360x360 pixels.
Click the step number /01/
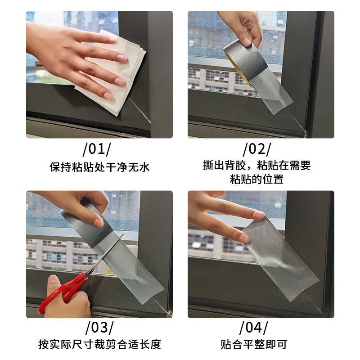point(97,149)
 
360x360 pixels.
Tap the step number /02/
point(257,149)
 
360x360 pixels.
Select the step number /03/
point(99,328)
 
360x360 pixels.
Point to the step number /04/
point(254,328)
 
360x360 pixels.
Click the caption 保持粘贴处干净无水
point(99,167)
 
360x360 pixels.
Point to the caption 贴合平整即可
point(254,344)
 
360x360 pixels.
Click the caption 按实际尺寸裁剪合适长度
point(99,344)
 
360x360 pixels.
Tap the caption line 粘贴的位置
point(256,179)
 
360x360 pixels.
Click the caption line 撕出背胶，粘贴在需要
point(256,165)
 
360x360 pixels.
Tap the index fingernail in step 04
point(258,215)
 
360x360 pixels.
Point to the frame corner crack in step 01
point(140,110)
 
